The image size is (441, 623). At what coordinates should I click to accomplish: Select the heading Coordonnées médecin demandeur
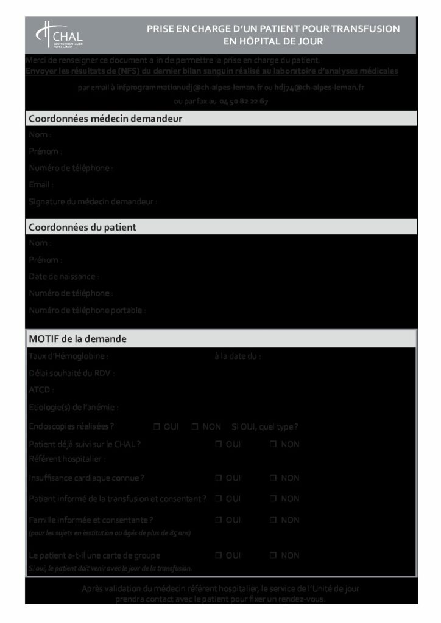tap(105, 119)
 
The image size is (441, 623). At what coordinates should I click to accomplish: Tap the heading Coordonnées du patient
tap(82, 228)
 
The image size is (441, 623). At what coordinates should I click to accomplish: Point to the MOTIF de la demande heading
tap(77, 338)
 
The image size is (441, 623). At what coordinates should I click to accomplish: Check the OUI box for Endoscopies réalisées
tap(157, 427)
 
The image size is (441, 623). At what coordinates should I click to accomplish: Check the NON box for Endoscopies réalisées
tap(195, 427)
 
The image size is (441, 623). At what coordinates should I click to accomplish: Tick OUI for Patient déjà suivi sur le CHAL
tap(218, 444)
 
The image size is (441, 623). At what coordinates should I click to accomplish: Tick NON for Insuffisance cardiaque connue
tap(273, 478)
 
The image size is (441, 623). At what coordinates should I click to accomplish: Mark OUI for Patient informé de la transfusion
tap(218, 499)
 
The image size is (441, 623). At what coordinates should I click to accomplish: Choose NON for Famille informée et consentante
tap(273, 520)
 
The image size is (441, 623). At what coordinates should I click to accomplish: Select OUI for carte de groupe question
tap(218, 555)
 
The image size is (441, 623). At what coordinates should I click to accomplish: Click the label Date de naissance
tap(64, 277)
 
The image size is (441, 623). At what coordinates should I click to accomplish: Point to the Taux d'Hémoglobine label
tap(68, 357)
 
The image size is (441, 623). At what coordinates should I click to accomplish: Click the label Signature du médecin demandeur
tap(93, 201)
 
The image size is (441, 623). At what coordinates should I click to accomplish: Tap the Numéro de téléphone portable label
tap(87, 310)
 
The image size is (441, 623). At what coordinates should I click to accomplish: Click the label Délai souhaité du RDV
tap(71, 373)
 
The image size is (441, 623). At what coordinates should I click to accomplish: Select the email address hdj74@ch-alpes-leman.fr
tap(319, 88)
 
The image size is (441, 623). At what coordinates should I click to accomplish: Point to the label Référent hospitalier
tap(67, 459)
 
